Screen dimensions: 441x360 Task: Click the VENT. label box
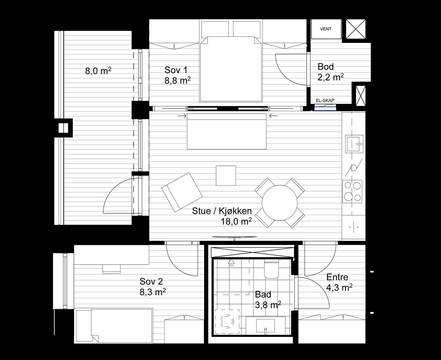click(x=326, y=29)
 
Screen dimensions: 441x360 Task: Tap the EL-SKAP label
click(x=325, y=101)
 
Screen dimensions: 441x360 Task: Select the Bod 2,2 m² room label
click(x=330, y=72)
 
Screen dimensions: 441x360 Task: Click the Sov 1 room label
click(x=176, y=70)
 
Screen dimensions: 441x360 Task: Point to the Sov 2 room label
click(x=151, y=282)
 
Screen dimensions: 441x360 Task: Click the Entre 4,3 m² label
click(x=339, y=282)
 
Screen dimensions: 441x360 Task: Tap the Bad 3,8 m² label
click(x=268, y=300)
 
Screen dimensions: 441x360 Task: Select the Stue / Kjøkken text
click(x=222, y=211)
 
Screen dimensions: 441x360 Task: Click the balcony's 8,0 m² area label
click(x=98, y=71)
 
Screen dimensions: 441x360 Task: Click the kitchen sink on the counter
click(x=354, y=144)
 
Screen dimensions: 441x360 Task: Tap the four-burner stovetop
click(x=352, y=192)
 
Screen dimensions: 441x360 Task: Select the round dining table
click(x=280, y=203)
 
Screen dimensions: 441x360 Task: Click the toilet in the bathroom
click(x=271, y=269)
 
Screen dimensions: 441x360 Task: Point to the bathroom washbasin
click(x=265, y=325)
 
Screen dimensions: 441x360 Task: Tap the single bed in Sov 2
click(x=114, y=326)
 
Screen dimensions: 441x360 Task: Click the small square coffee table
click(x=226, y=175)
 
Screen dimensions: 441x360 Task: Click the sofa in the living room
click(x=227, y=132)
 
